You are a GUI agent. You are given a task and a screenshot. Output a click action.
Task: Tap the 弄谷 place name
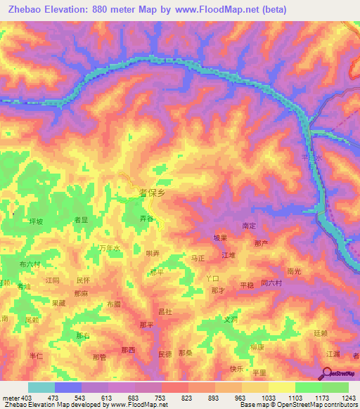click(x=146, y=219)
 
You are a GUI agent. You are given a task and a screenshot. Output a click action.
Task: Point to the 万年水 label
click(x=109, y=248)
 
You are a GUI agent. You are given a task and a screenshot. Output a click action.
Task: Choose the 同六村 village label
click(x=271, y=283)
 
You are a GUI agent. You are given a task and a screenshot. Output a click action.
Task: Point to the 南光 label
click(x=294, y=270)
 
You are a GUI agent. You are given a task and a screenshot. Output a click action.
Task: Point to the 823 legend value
click(x=188, y=398)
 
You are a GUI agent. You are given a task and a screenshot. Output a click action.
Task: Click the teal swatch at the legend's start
click(x=41, y=387)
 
